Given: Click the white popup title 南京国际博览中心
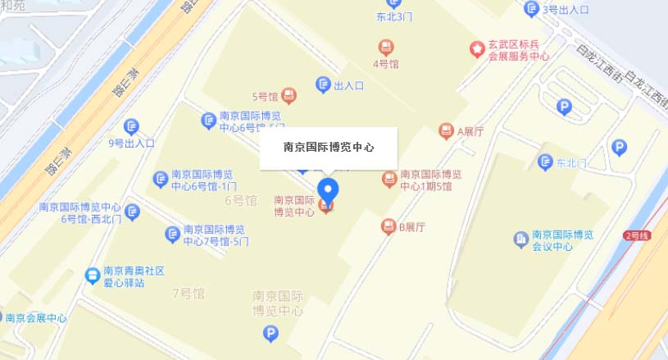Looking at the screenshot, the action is click(x=329, y=148).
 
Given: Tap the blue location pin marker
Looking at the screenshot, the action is click(x=328, y=189).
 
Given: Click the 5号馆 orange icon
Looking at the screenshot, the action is click(x=289, y=96).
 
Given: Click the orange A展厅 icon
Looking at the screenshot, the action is click(x=446, y=130).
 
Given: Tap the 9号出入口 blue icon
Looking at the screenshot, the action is click(x=131, y=126).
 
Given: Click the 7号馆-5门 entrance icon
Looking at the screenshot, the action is click(x=173, y=235).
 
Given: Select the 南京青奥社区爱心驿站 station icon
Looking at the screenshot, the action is click(x=93, y=275).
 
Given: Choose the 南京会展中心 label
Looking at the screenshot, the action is click(x=38, y=318).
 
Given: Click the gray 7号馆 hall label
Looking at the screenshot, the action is click(x=189, y=293).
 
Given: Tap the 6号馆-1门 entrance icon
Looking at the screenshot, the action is click(x=160, y=179).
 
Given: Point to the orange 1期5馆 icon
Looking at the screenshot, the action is click(x=389, y=179).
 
